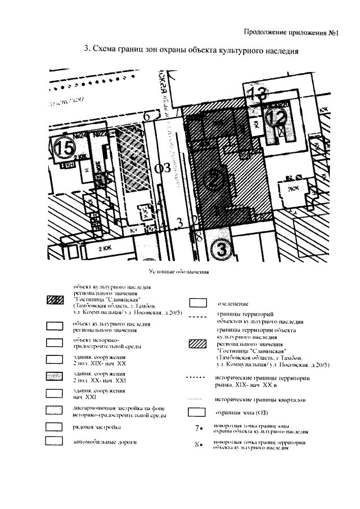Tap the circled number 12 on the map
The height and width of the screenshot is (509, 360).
[x=276, y=119]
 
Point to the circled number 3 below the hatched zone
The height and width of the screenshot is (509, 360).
[x=220, y=247]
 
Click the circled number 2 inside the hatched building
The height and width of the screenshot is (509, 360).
[x=214, y=178]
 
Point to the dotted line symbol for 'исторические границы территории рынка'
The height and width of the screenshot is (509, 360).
[x=198, y=377]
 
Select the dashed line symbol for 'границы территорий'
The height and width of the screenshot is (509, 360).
[x=198, y=318]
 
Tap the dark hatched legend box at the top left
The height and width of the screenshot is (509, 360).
[x=55, y=300]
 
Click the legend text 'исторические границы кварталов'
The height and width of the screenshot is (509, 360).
[x=261, y=400]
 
